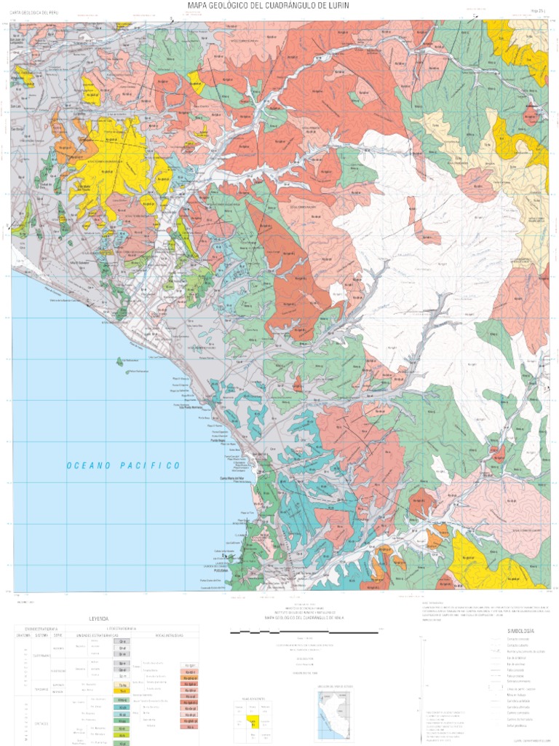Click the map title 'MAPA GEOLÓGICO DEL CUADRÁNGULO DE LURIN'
(x=279, y=5)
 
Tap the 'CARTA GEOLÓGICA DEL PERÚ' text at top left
(x=33, y=13)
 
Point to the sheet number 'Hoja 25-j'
(x=539, y=11)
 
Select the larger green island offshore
(x=119, y=361)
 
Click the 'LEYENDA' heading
(x=98, y=618)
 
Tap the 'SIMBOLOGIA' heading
(x=521, y=630)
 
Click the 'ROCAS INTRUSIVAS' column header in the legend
(x=169, y=635)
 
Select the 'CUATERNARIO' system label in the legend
(x=40, y=655)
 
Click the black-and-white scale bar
(x=305, y=632)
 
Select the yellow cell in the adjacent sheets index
(x=253, y=722)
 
